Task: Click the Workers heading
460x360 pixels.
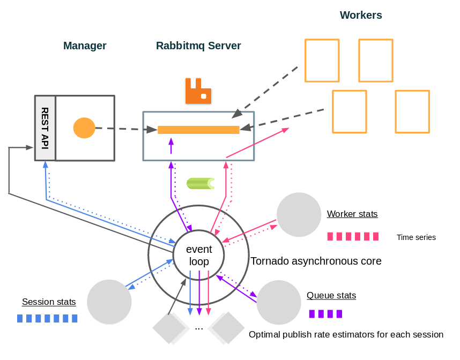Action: point(361,15)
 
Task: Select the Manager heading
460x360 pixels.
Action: point(85,46)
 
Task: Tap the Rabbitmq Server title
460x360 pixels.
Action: point(198,46)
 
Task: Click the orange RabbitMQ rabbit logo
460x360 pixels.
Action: point(198,91)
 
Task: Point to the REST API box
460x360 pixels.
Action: point(45,128)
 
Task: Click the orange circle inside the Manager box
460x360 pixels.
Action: point(84,128)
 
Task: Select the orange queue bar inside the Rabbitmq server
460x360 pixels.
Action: point(198,130)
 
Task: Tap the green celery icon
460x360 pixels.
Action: point(200,183)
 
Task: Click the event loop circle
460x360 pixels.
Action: point(199,256)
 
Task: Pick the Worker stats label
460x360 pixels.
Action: point(352,214)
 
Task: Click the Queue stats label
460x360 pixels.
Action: point(331,295)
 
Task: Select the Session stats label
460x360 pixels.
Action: point(49,302)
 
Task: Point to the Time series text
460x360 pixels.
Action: point(416,237)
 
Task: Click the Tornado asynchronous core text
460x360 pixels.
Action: point(316,261)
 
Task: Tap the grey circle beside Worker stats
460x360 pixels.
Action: point(299,215)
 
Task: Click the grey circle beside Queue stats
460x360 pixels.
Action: point(279,302)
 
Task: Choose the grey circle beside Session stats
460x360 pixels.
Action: point(109,302)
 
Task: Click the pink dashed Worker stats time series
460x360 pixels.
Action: point(353,236)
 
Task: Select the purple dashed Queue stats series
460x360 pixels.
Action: point(325,314)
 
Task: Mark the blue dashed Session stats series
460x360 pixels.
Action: point(47,318)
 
